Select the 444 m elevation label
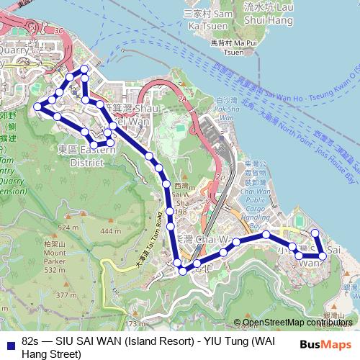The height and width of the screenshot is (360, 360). (110, 230)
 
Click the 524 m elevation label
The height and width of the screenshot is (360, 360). (68, 228)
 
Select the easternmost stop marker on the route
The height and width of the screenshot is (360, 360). (323, 255)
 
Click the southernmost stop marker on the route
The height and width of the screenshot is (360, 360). (183, 271)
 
